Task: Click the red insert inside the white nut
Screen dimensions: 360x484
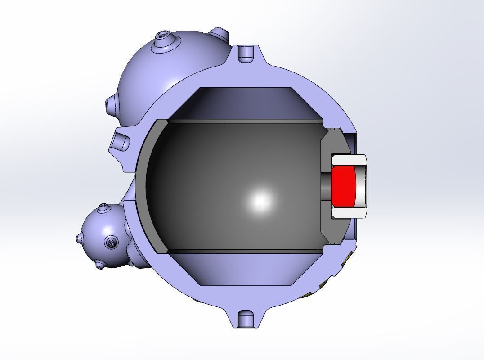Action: [x=343, y=185]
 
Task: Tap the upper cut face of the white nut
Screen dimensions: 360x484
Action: [x=349, y=160]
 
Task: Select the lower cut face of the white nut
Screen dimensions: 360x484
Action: [x=349, y=213]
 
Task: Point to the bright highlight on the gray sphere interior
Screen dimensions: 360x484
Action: [x=260, y=201]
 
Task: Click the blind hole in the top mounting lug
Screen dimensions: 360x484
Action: [x=246, y=53]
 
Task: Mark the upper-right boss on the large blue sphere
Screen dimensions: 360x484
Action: [x=220, y=34]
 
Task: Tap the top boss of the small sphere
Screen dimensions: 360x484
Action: [x=104, y=207]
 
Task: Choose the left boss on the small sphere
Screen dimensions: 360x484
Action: [x=79, y=237]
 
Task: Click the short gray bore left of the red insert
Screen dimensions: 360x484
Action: [x=326, y=185]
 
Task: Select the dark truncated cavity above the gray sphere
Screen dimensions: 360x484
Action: [x=245, y=103]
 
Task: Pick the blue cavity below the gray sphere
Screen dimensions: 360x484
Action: [x=245, y=269]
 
